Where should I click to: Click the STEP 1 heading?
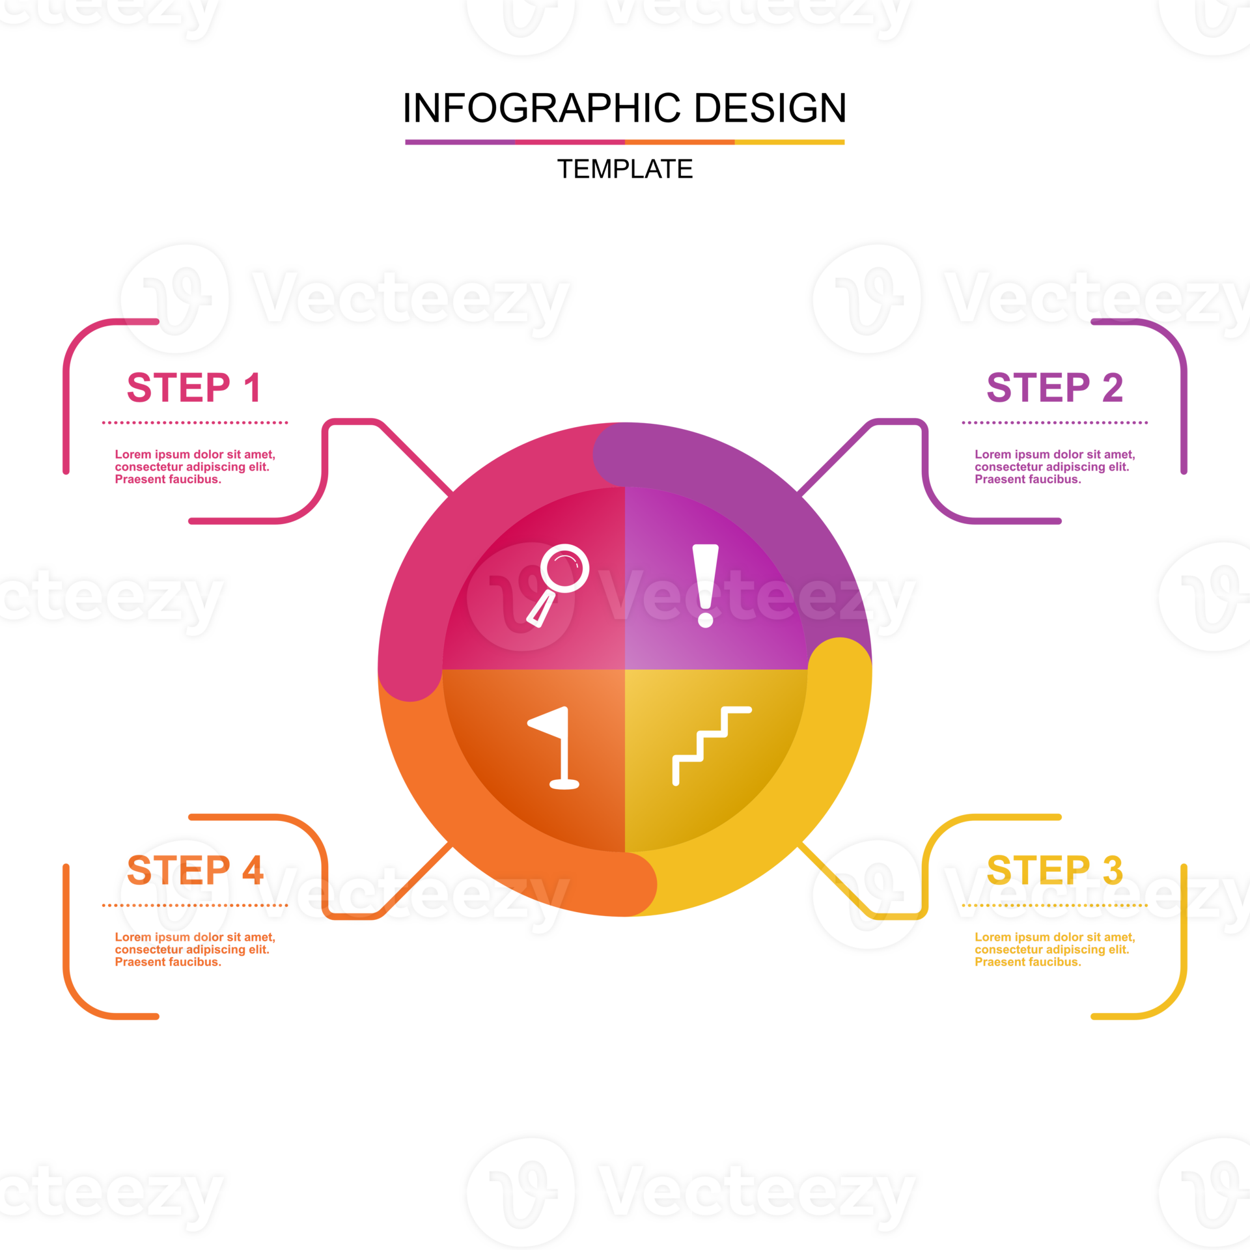point(194,388)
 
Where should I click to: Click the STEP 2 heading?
point(1055,388)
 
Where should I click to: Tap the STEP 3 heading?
point(1055,870)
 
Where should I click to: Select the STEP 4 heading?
point(194,870)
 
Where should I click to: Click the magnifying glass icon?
point(559,583)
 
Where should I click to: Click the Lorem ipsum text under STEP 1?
point(195,467)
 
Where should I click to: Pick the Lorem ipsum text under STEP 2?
point(1054,467)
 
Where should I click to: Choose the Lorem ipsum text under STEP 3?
point(1054,949)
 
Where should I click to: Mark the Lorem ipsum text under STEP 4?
point(195,949)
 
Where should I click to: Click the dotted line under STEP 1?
point(195,423)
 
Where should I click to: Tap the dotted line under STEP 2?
point(1055,423)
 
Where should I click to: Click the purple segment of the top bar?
point(460,142)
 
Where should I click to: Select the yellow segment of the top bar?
point(790,142)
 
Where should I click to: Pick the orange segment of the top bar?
point(680,142)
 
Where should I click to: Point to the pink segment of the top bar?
point(570,142)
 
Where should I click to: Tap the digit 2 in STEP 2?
point(1113,388)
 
